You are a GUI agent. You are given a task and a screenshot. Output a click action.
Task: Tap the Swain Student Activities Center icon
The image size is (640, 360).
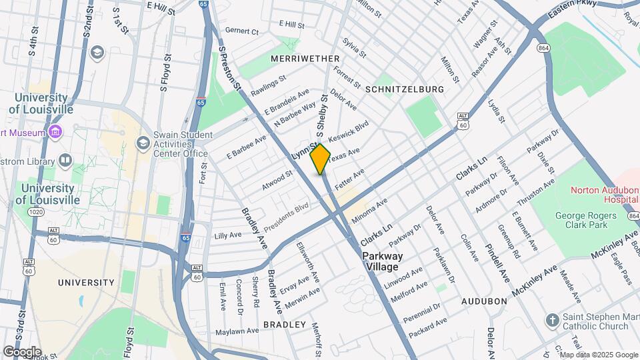point(143,143)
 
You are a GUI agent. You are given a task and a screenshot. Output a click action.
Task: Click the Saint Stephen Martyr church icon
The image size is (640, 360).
point(552,321)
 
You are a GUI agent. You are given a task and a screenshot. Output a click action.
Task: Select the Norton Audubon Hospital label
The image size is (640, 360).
point(604,195)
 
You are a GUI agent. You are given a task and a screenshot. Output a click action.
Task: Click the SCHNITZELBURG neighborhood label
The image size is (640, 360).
point(405,89)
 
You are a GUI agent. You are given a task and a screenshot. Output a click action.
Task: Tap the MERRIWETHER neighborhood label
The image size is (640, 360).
point(305,59)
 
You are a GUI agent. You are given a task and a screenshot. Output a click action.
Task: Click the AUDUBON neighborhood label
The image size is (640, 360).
point(485,301)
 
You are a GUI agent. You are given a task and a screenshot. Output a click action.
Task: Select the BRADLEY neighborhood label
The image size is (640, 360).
point(284,325)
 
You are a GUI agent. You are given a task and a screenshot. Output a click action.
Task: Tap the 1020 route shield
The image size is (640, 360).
point(36,211)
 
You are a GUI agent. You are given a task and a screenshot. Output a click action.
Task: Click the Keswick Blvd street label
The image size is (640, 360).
point(348,131)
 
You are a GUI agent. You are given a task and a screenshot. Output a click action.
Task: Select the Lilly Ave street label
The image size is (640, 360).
point(228,235)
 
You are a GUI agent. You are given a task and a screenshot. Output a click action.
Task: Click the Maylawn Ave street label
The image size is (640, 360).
point(237,331)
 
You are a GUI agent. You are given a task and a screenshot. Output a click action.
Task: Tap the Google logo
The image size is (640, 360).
point(22,352)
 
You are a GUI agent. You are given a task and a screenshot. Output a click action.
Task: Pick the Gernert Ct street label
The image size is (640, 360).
point(241,31)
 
